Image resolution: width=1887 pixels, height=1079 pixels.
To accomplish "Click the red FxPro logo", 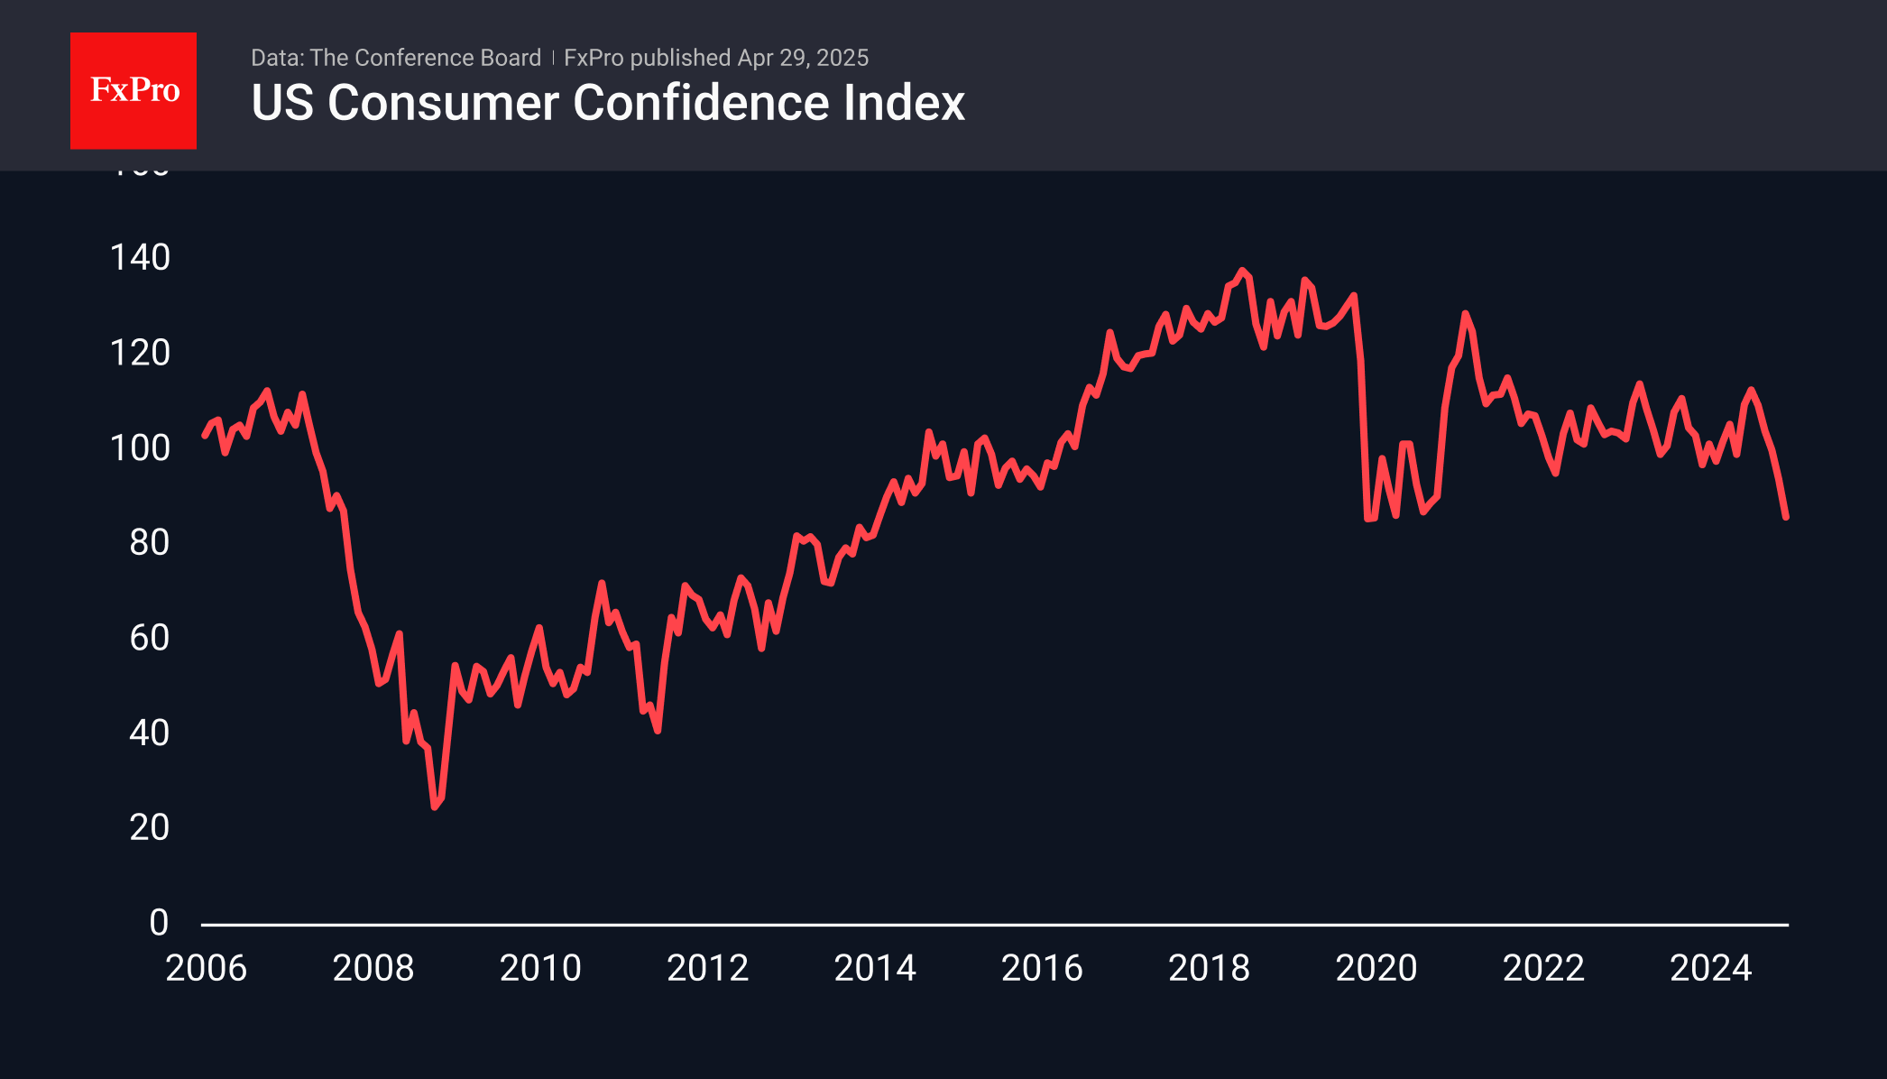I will [133, 90].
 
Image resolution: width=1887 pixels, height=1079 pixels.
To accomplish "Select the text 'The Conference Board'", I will [425, 58].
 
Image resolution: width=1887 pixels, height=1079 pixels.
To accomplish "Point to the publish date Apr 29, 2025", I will [803, 58].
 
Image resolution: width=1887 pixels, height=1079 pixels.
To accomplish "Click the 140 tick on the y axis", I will [140, 258].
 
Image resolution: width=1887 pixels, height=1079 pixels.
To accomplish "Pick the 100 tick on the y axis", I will [140, 448].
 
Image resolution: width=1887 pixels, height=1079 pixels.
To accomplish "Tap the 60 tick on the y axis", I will [149, 638].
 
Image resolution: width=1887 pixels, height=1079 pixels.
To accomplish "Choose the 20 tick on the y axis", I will [149, 828].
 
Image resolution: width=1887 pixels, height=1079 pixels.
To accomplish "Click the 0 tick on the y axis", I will [159, 923].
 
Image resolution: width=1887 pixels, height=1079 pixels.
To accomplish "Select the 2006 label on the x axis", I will [206, 969].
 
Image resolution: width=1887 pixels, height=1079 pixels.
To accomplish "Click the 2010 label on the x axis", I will [540, 969].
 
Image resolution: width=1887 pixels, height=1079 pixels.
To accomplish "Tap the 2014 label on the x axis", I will [875, 969].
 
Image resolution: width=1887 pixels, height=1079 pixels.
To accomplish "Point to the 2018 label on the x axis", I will [1209, 969].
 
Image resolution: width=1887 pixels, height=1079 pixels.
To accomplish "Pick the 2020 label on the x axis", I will [1376, 969].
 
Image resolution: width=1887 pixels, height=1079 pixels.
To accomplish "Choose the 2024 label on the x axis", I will [1710, 969].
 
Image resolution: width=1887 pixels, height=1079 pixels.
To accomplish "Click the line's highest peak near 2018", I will [1242, 270].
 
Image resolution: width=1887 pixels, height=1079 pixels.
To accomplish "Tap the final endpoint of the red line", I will [1786, 517].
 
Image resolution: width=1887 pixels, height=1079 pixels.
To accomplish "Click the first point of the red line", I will [205, 436].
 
